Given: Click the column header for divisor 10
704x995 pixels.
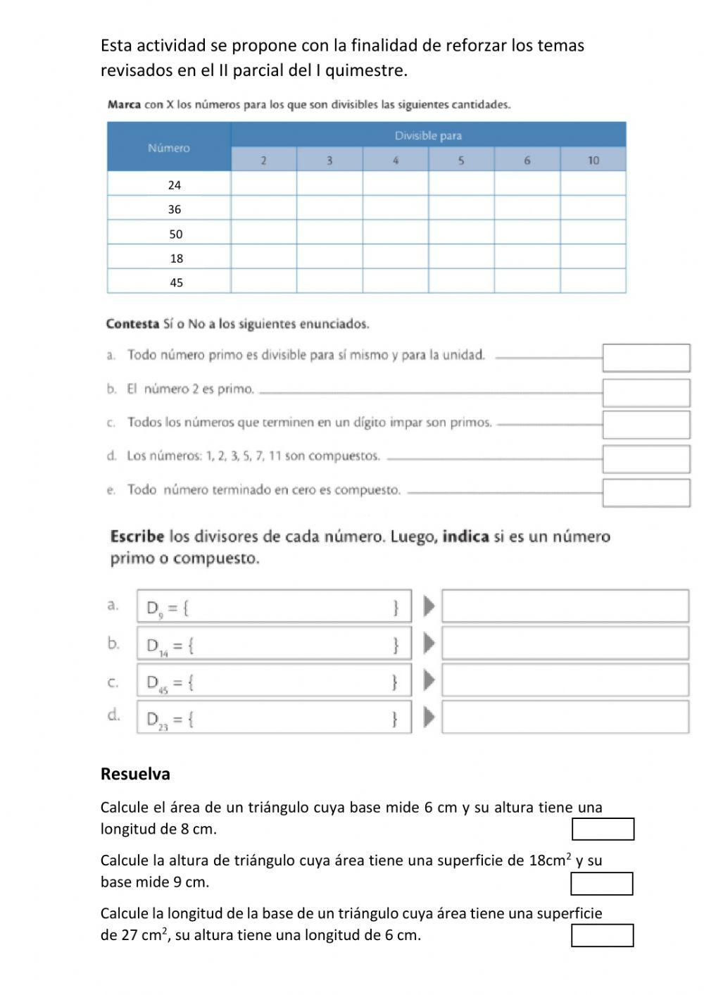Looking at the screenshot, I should click(593, 160).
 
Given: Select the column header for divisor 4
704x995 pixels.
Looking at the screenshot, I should click(395, 160).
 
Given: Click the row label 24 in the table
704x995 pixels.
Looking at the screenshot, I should click(175, 184).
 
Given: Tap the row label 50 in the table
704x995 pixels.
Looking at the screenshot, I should click(175, 234).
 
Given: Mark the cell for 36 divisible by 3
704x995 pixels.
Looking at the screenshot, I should click(329, 208).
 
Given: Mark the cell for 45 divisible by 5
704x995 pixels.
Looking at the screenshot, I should click(461, 282).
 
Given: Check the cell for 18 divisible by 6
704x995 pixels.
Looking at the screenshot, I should click(527, 257).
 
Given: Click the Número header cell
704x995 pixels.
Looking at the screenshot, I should click(169, 147).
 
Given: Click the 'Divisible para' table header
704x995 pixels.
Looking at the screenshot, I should click(428, 135).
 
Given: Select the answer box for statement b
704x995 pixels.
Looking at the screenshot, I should click(646, 392).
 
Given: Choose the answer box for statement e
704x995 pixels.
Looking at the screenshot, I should click(646, 493).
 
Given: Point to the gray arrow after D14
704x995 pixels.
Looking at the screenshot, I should click(428, 644).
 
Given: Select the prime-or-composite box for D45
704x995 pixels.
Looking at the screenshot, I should click(565, 681).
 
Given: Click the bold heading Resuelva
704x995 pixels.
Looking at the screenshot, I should click(135, 774).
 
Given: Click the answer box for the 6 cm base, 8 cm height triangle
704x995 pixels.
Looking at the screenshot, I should click(603, 829).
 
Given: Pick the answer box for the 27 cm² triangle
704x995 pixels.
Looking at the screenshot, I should click(602, 936).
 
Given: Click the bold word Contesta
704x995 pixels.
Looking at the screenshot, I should click(132, 324).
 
